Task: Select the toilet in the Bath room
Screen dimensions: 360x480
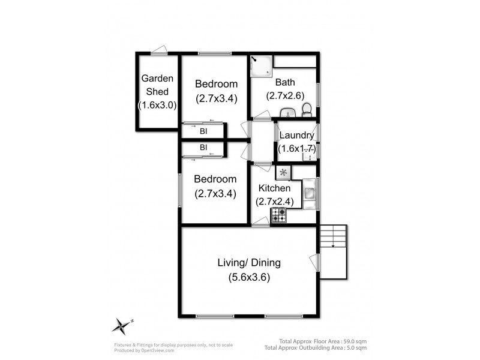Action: point(307,109)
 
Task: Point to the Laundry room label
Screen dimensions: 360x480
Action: point(296,136)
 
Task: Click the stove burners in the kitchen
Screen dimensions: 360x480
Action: point(278,215)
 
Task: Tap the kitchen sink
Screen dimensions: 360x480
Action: point(310,193)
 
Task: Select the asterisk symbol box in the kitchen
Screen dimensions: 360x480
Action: point(283,173)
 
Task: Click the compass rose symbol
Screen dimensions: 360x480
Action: point(121,325)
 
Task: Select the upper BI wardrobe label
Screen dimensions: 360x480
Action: point(203,131)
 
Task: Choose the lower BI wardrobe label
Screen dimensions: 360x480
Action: point(203,147)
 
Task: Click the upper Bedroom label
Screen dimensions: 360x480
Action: point(216,84)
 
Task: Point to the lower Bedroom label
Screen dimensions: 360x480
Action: point(215,179)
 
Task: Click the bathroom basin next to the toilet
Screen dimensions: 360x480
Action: point(288,112)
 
